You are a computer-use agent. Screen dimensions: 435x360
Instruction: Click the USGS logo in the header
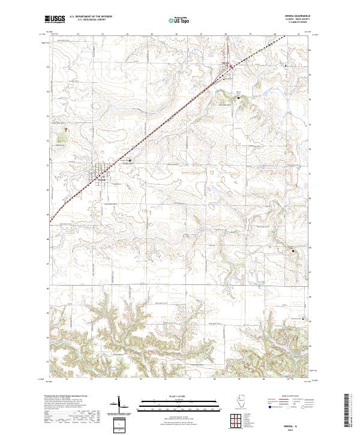point(56,19)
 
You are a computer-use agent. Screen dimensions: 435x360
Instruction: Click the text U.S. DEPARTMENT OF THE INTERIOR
point(91,16)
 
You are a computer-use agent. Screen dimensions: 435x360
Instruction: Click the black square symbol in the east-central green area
point(293,250)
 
